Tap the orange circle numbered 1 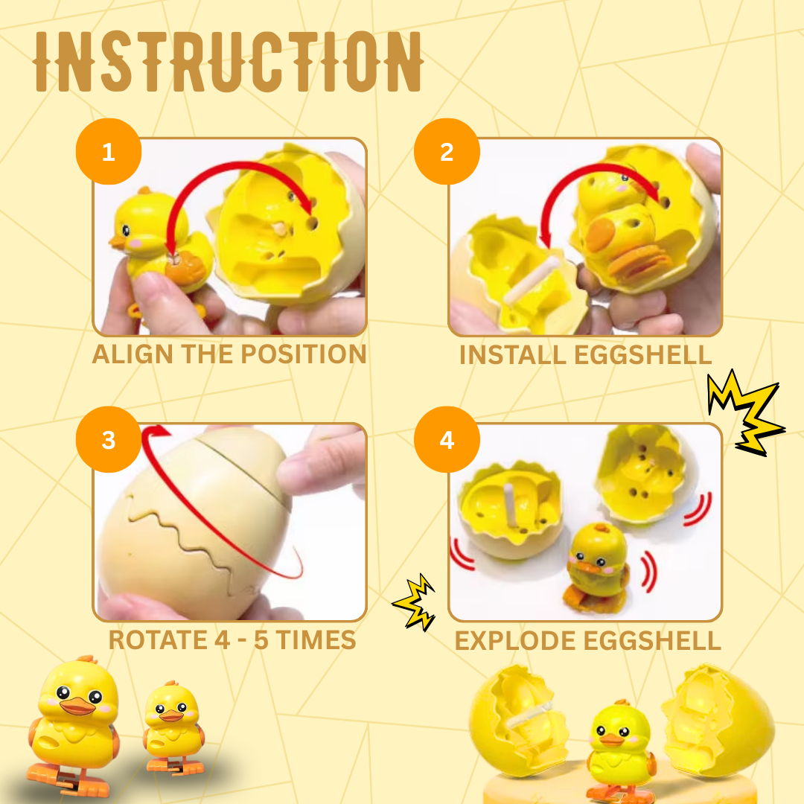[x=109, y=153]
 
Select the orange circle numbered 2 [x=447, y=153]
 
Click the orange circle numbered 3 [x=109, y=440]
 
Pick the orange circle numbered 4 [x=447, y=440]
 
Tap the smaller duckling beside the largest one [x=170, y=719]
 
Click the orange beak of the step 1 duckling [x=119, y=240]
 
